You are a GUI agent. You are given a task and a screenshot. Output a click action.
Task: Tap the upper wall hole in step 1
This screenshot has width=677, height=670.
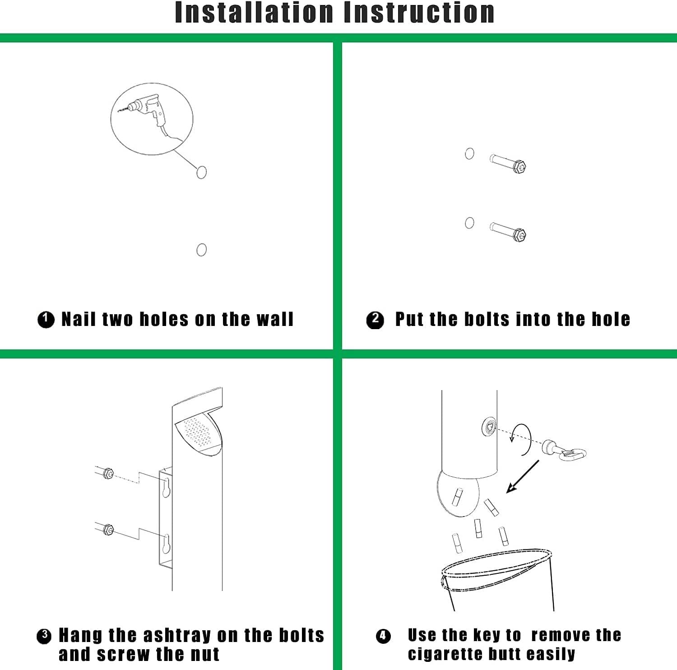[202, 172]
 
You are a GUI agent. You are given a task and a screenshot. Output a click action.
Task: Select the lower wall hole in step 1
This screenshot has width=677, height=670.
[202, 250]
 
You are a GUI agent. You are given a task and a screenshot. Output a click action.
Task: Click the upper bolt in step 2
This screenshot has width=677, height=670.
[508, 163]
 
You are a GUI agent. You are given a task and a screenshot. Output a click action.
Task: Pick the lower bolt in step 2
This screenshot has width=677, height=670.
[508, 232]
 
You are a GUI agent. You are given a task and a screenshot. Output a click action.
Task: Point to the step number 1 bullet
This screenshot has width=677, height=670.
[46, 320]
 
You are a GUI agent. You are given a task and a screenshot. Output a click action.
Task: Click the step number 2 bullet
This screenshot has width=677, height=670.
[375, 320]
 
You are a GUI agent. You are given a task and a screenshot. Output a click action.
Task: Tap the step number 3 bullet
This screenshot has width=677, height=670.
[44, 636]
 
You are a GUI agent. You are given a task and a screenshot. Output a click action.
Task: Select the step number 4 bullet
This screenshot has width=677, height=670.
[383, 637]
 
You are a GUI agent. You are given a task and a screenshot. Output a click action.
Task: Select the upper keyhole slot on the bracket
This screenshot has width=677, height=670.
[167, 488]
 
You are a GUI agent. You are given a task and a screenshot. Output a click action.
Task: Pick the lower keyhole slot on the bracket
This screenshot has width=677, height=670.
[167, 544]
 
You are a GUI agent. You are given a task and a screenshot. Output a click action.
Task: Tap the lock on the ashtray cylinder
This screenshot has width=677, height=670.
[490, 426]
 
